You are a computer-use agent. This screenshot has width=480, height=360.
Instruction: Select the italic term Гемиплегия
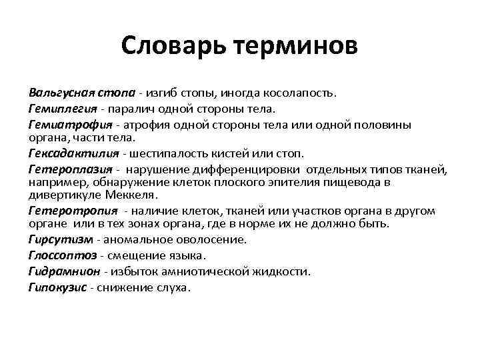[57, 108]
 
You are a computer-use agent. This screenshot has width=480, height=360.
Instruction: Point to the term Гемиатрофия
[61, 125]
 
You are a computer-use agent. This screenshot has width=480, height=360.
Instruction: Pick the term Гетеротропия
[64, 211]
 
